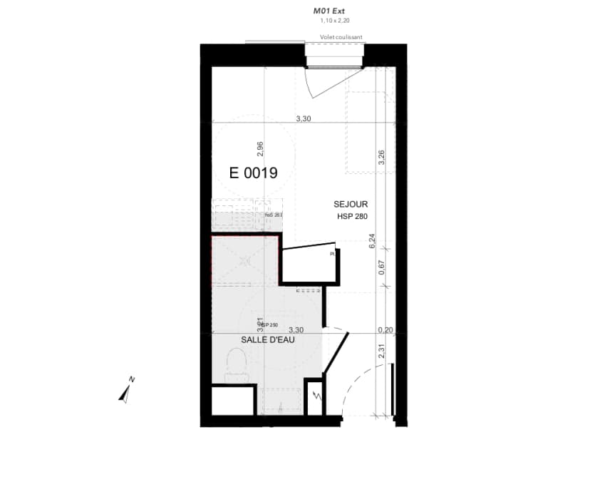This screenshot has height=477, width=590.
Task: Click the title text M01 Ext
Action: (x=328, y=11)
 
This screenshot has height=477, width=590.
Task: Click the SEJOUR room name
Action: (x=351, y=205)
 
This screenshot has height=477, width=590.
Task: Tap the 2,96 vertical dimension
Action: (x=261, y=149)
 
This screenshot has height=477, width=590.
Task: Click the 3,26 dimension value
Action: (x=382, y=158)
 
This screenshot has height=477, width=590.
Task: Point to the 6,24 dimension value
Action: (x=372, y=242)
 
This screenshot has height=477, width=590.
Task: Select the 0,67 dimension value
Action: (x=382, y=268)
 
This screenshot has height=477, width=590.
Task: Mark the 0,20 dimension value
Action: (x=385, y=329)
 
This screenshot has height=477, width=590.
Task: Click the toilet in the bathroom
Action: (x=235, y=365)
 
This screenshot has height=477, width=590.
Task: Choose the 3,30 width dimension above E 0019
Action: (x=304, y=119)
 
